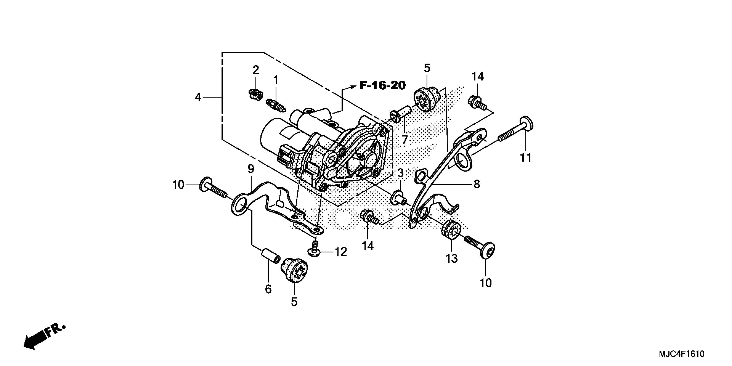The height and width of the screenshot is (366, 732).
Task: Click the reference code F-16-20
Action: [x=383, y=85]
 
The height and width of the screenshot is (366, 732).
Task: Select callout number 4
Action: [x=198, y=98]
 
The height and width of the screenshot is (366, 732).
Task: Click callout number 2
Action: [x=256, y=70]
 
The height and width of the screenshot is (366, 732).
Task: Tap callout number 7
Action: [x=404, y=139]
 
